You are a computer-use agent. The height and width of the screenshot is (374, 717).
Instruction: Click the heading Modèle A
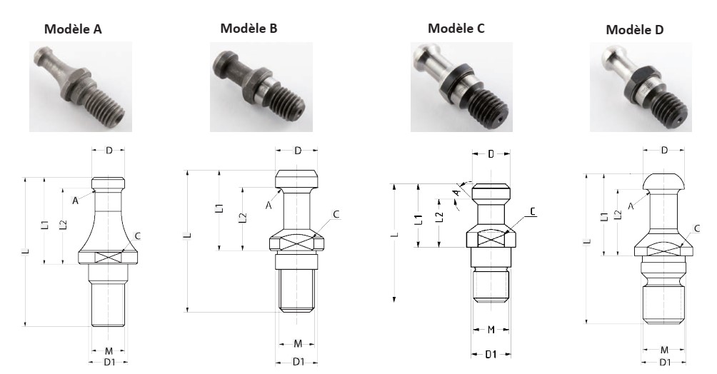(x=73, y=29)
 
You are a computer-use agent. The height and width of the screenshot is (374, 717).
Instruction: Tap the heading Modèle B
(x=249, y=29)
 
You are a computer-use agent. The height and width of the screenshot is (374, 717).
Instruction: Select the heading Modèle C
(x=456, y=29)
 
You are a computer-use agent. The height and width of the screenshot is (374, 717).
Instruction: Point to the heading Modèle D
(x=634, y=30)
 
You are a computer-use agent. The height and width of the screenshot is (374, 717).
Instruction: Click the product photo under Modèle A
(x=81, y=87)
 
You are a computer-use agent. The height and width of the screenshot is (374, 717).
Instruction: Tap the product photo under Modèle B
(x=261, y=87)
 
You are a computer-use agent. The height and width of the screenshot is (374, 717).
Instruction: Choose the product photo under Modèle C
(x=461, y=87)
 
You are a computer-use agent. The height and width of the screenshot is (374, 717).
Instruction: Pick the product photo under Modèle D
(x=641, y=87)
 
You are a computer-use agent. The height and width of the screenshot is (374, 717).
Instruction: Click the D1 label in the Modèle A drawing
(x=109, y=363)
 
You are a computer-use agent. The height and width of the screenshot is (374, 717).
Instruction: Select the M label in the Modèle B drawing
(x=298, y=343)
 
